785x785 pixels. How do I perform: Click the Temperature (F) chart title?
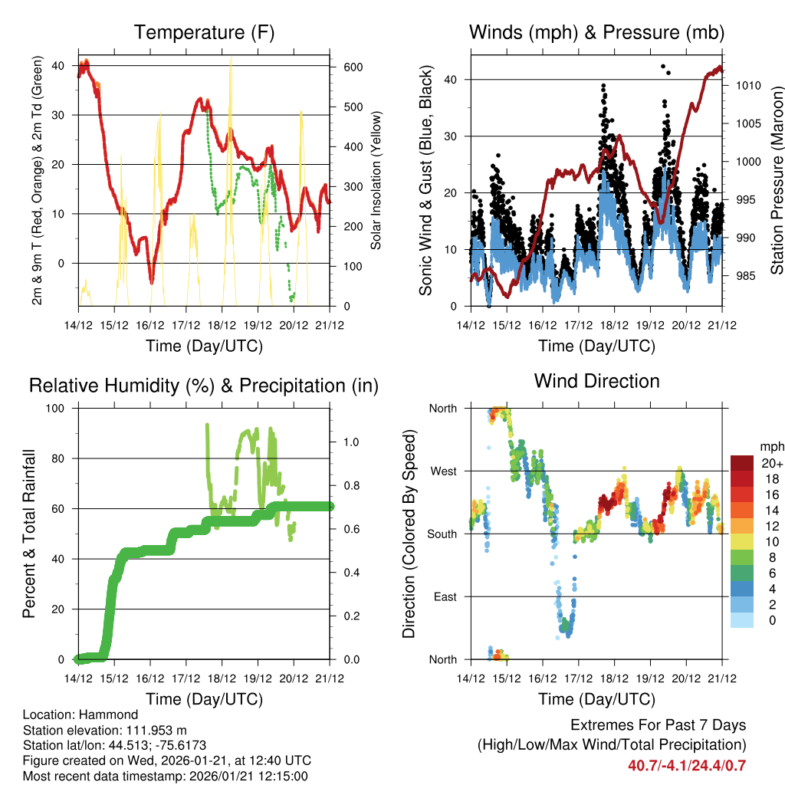click(x=204, y=32)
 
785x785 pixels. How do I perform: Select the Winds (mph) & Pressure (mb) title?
click(x=596, y=32)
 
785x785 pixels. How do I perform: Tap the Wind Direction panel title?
click(x=596, y=381)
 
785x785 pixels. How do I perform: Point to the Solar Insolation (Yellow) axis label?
click(x=376, y=181)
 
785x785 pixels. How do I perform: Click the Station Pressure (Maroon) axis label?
click(x=776, y=181)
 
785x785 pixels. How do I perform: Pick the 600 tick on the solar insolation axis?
click(x=353, y=67)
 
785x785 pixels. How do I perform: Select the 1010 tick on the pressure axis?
click(x=747, y=86)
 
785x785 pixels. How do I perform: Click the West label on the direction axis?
click(x=442, y=471)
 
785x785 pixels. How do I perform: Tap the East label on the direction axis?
click(x=444, y=596)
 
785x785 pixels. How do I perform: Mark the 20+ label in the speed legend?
click(x=771, y=463)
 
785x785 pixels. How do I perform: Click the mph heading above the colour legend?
click(x=771, y=446)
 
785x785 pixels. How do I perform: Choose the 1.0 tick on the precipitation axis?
click(x=352, y=442)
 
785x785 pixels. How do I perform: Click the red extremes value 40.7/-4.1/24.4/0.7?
click(x=687, y=765)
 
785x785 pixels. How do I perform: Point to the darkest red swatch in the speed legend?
click(x=742, y=463)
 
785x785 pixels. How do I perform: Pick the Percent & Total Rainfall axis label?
click(x=29, y=534)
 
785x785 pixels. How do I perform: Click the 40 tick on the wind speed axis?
click(x=451, y=80)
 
